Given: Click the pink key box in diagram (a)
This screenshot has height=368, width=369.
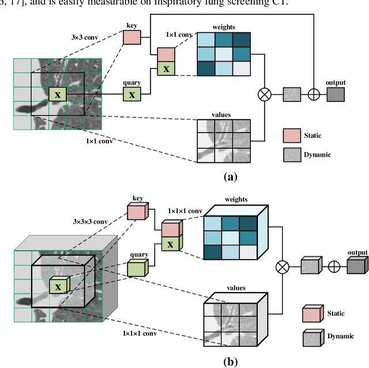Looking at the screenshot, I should click(131, 37).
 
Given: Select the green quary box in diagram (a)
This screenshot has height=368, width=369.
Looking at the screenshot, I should click(132, 94).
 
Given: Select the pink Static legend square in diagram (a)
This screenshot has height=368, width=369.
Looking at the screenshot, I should click(292, 135).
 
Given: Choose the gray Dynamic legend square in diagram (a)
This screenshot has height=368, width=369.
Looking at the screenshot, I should click(292, 154).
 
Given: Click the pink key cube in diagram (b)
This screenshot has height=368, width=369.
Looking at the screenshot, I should click(137, 211).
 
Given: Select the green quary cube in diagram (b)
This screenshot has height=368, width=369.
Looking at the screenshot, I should click(137, 268).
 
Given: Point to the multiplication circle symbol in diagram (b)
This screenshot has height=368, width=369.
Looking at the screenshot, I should click(282, 267).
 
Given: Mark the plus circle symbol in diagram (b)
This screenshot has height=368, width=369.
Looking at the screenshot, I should click(333, 267).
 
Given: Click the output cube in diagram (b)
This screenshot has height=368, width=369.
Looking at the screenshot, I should click(356, 265).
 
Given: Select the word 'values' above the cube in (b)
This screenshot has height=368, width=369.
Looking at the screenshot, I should click(236, 287).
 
